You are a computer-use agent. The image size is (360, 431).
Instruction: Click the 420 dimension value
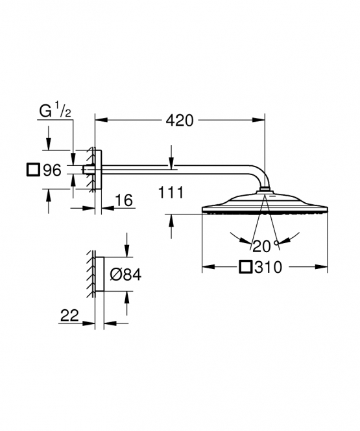(179, 121)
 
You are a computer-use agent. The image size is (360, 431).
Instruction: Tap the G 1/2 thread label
(55, 110)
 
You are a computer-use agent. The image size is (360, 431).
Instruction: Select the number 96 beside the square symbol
(53, 170)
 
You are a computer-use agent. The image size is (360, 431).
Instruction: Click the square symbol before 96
(33, 170)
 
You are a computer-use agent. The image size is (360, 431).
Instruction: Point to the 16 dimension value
(124, 200)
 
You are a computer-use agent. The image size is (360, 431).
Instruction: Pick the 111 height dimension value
(171, 192)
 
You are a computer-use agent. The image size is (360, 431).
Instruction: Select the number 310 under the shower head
(268, 267)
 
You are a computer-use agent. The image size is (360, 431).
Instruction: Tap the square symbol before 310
(246, 267)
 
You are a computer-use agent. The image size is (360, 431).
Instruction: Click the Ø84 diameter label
(126, 275)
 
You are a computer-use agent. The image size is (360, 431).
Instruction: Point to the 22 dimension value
(69, 315)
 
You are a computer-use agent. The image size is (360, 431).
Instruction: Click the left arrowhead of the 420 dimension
(101, 119)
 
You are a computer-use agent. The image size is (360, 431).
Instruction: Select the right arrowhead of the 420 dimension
(259, 119)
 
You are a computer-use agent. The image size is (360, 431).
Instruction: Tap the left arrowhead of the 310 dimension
(208, 266)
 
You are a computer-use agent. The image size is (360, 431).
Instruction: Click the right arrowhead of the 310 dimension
(321, 266)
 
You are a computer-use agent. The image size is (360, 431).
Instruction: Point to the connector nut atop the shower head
(264, 190)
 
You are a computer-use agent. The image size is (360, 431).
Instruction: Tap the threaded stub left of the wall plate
(88, 170)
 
